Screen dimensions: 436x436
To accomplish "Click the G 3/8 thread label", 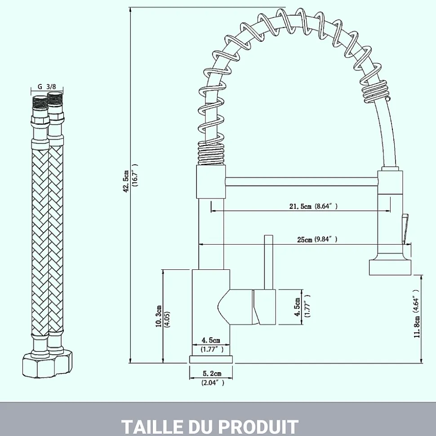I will pyautogui.click(x=47, y=87).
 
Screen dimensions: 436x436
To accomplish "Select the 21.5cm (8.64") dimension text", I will pyautogui.click(x=313, y=206).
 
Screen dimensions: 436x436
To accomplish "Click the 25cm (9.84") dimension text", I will pyautogui.click(x=316, y=239).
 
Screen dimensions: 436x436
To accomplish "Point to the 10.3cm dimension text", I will pyautogui.click(x=158, y=317).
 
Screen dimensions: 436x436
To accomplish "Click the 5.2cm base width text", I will pyautogui.click(x=212, y=374).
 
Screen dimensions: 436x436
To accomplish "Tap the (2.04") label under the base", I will pyautogui.click(x=212, y=383).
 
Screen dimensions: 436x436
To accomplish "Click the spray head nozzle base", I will pyautogui.click(x=390, y=267).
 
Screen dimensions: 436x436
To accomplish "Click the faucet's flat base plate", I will pyautogui.click(x=212, y=360).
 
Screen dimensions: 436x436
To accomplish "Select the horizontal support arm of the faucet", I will pyautogui.click(x=301, y=181).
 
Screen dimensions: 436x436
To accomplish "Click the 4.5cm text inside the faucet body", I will pyautogui.click(x=211, y=340).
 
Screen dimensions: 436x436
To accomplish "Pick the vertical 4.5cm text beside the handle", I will pyautogui.click(x=297, y=308).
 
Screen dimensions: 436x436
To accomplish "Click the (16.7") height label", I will pyautogui.click(x=134, y=181).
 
